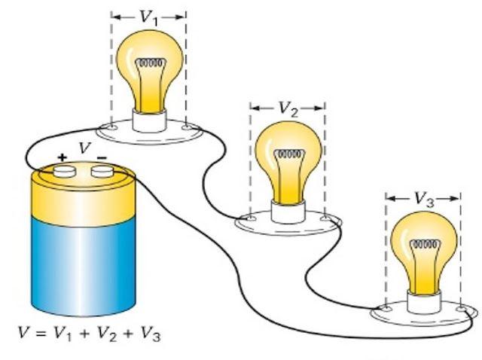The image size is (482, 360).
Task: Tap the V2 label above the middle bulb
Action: pyautogui.click(x=287, y=108)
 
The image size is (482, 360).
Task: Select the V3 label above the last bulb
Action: pyautogui.click(x=423, y=199)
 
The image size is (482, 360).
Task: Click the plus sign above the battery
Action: pyautogui.click(x=62, y=157)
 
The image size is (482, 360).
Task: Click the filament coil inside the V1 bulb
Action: pyautogui.click(x=151, y=63)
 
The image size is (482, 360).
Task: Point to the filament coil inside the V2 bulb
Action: pyautogui.click(x=288, y=155)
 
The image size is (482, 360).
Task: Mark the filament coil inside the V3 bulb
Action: pyautogui.click(x=423, y=245)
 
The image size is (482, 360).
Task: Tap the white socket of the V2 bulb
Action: pyautogui.click(x=286, y=211)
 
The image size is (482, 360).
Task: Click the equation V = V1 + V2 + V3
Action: pyautogui.click(x=90, y=332)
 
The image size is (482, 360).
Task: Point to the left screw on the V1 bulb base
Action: pyautogui.click(x=112, y=127)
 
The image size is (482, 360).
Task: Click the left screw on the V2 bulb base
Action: pyautogui.click(x=249, y=219)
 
